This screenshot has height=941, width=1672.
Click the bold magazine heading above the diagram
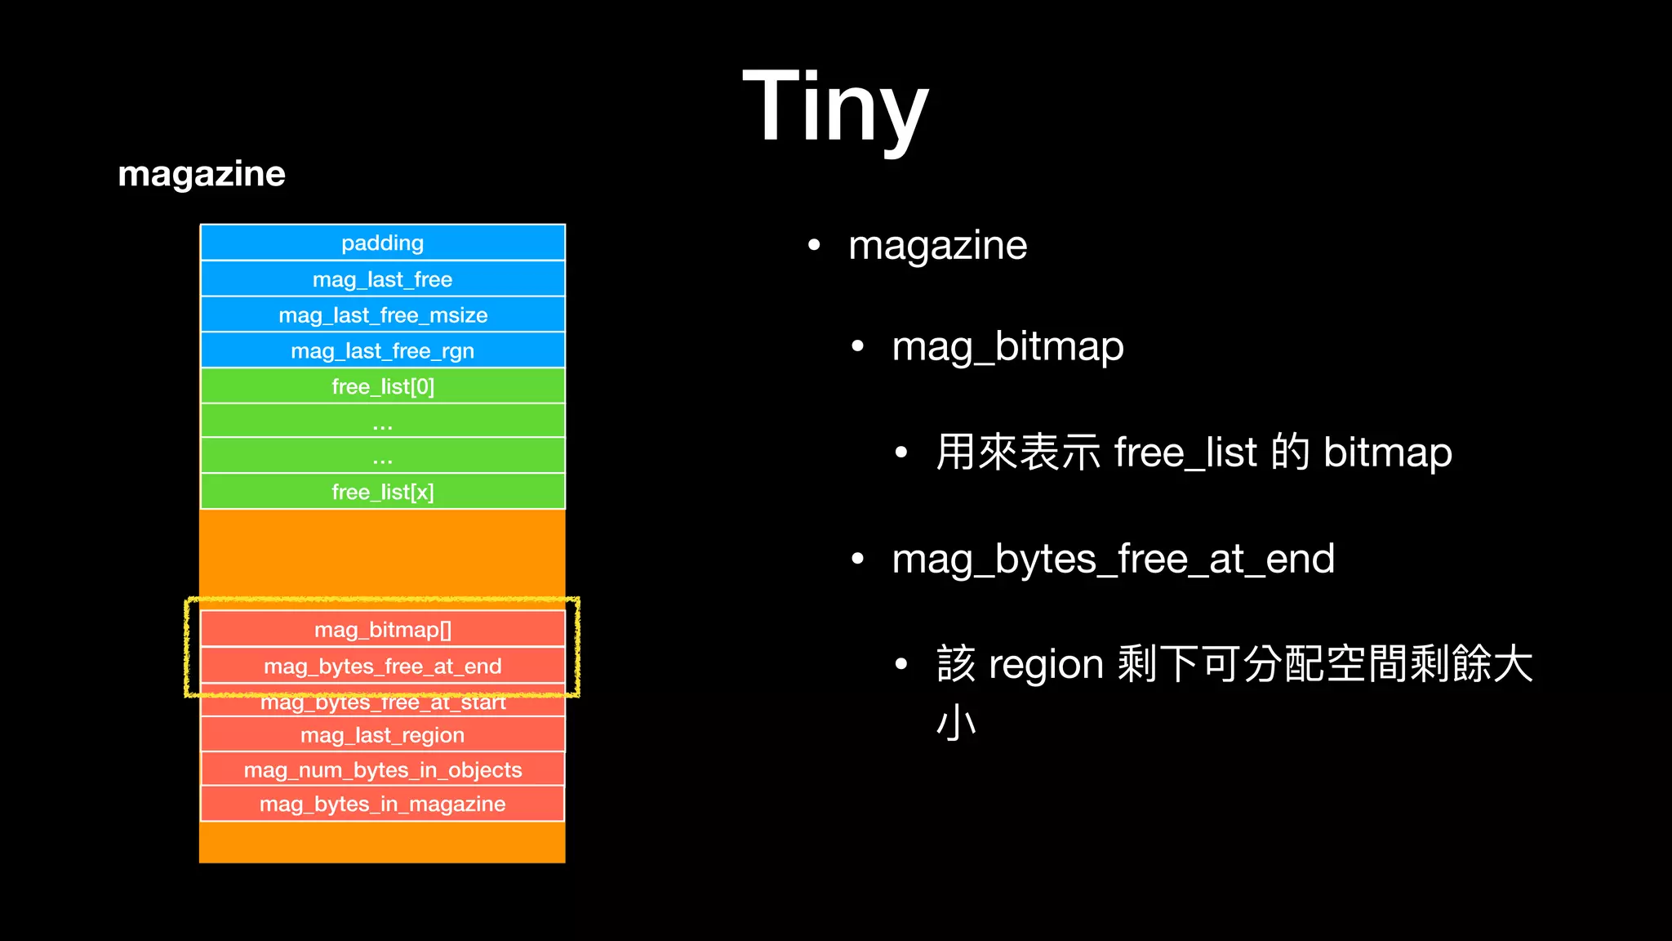[202, 174]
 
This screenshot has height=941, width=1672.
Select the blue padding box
[382, 243]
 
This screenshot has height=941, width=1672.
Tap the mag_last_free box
[382, 279]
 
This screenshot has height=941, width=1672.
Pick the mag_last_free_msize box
[382, 315]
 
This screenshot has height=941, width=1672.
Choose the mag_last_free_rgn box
[382, 351]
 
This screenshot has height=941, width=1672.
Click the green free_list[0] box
[382, 386]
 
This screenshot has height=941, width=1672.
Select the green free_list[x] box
[382, 492]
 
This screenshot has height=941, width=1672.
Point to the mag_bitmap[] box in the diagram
[382, 630]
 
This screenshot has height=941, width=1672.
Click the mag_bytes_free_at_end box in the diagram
[382, 666]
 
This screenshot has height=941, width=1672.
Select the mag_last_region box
[382, 735]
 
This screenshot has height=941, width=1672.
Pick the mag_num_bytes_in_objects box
[382, 769]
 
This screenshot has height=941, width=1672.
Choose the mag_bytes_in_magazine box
[382, 804]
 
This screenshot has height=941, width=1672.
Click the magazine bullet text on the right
[937, 246]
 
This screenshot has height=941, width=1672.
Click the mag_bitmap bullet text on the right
[1007, 347]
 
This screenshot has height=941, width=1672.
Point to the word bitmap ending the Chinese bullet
[1387, 453]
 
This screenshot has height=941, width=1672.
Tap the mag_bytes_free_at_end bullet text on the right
[1113, 560]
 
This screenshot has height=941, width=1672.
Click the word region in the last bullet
[1046, 664]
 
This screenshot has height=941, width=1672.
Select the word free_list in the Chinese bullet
[1185, 453]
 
